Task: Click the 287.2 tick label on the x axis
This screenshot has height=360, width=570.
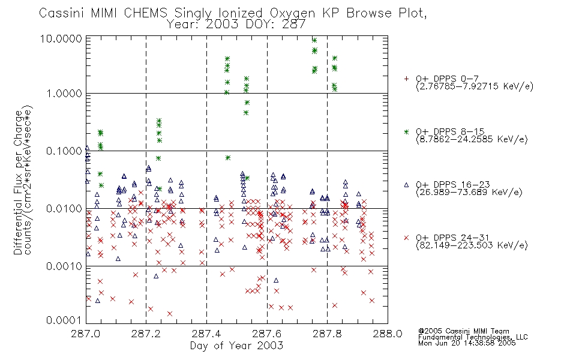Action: point(146,334)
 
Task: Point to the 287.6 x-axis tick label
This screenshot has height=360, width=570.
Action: point(267,334)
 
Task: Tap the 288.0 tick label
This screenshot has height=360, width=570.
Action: point(388,334)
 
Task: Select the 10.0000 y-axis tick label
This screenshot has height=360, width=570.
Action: point(61,38)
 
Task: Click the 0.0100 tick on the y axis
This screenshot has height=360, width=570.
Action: point(64,209)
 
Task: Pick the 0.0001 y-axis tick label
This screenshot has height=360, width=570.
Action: point(64,320)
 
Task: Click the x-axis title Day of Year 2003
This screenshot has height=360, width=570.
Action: point(236,346)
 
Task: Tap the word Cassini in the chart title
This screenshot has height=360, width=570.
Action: point(61,13)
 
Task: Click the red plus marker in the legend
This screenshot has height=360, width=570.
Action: point(406,79)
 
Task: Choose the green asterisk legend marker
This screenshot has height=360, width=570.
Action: point(406,131)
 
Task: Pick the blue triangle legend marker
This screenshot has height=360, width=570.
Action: point(406,185)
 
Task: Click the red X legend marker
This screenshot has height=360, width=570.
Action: point(406,238)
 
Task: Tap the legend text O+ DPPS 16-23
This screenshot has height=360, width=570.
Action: point(453,184)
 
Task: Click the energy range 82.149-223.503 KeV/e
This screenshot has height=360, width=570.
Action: point(472,245)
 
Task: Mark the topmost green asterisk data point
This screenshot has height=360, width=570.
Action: point(314,40)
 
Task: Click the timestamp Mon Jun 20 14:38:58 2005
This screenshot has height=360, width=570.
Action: point(467,343)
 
